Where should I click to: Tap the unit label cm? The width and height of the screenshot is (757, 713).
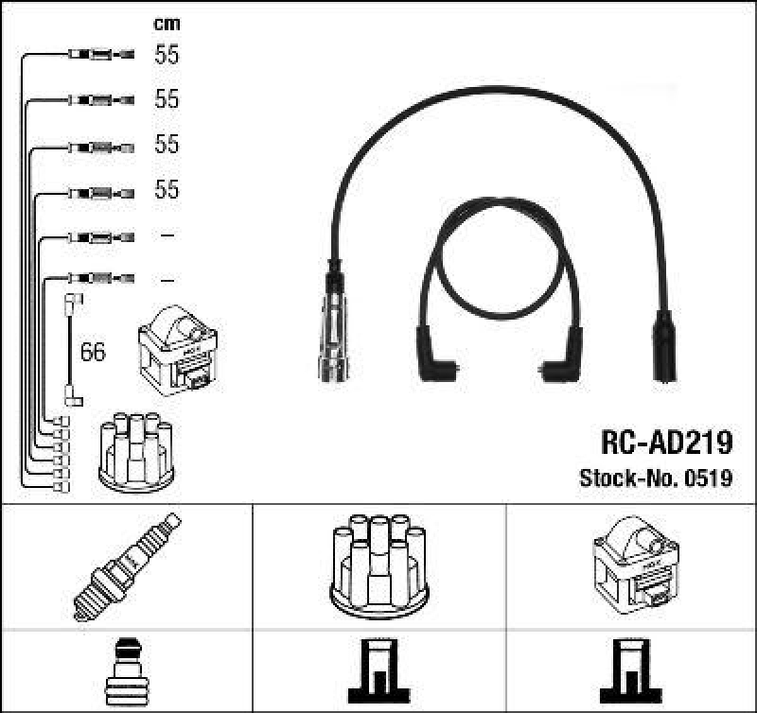point(167,24)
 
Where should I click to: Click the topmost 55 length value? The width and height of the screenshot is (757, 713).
point(167,55)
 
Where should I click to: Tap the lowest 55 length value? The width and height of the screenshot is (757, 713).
point(167,190)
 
